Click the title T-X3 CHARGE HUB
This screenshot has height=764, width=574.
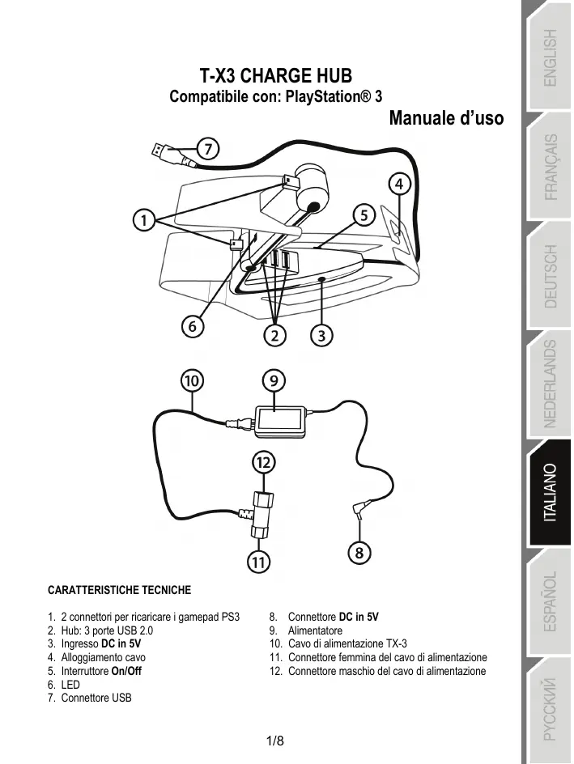275,77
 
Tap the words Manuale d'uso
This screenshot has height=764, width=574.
446,118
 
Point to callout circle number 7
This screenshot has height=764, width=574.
209,149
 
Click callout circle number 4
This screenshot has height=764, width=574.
398,185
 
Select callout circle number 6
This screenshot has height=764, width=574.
191,327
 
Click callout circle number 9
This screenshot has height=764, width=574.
274,379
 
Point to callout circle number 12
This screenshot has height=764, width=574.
262,462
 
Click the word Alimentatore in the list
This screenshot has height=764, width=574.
315,630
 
